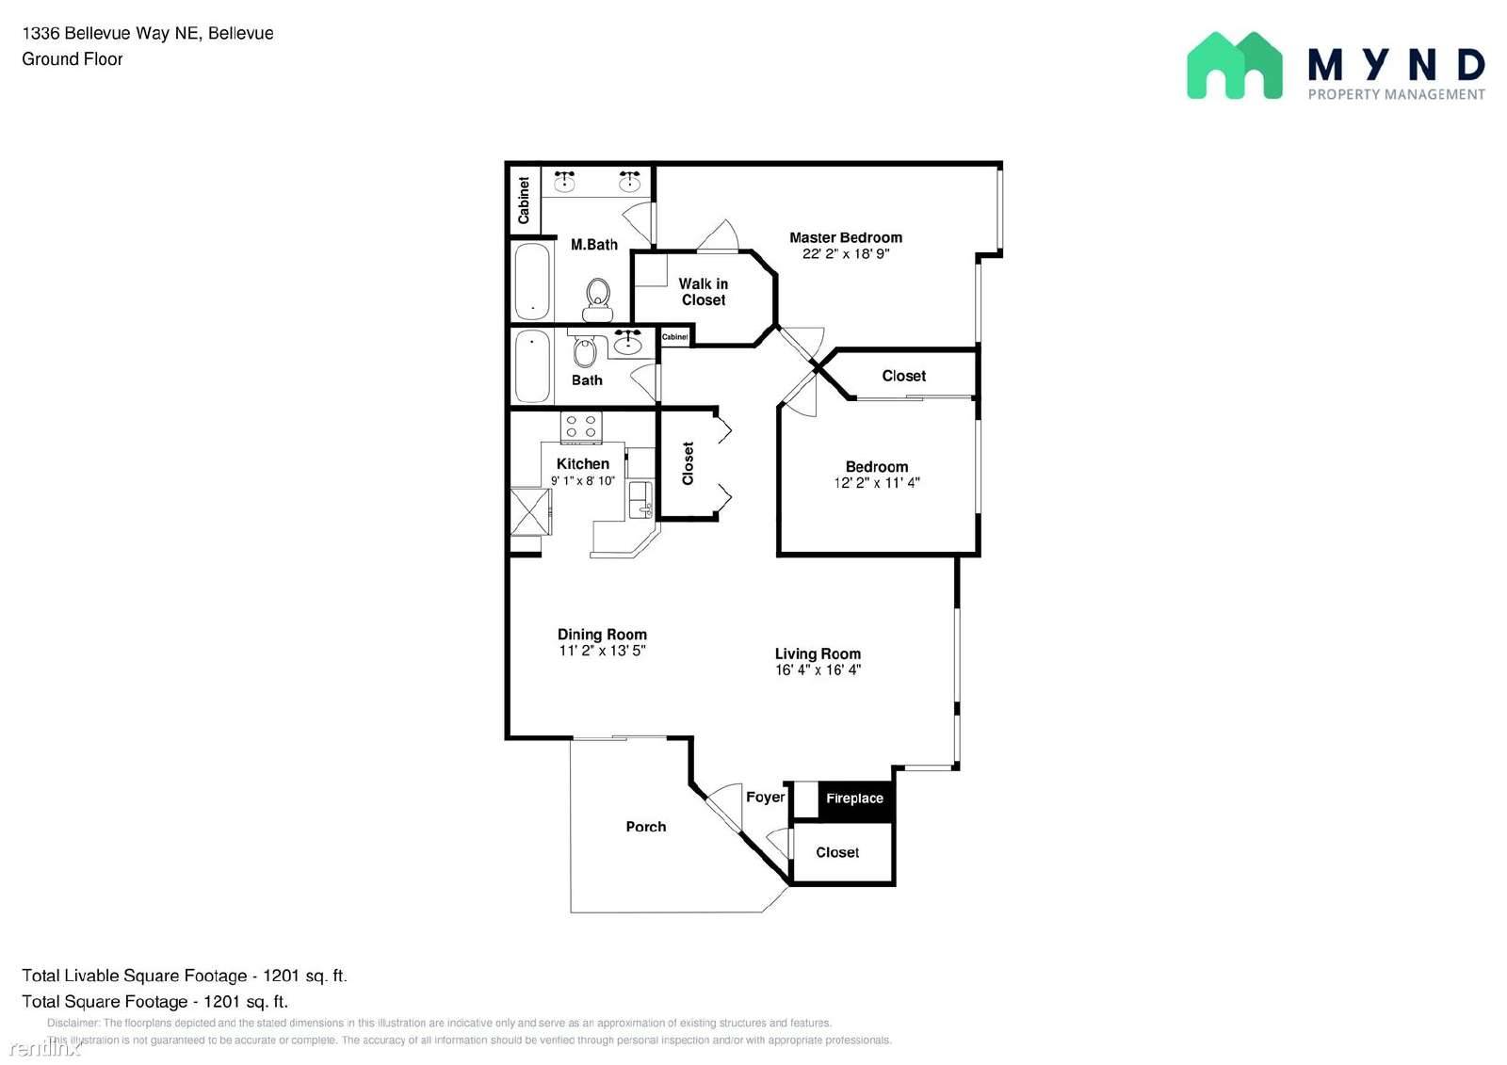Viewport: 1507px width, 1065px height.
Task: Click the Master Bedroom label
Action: click(x=845, y=237)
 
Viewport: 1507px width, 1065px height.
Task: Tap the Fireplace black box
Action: click(x=854, y=799)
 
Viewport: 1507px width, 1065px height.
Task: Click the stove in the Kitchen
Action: click(x=581, y=427)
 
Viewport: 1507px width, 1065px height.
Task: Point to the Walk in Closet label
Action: click(x=703, y=292)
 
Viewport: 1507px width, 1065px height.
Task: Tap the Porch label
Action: click(x=645, y=827)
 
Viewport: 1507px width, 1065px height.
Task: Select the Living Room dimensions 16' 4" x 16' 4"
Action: click(x=818, y=670)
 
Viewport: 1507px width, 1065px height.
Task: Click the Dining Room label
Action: click(x=602, y=635)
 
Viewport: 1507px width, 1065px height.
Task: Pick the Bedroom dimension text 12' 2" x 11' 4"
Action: click(x=876, y=483)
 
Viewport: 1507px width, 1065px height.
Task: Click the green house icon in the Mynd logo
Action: click(x=1234, y=66)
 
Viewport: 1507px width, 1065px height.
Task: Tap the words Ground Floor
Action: click(x=73, y=59)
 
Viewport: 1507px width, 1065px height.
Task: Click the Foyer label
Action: click(x=765, y=797)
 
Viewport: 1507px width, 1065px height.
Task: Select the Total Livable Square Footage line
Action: click(x=185, y=976)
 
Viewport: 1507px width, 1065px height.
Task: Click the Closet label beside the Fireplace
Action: click(x=836, y=852)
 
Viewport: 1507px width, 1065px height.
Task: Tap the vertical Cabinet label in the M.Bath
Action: click(x=524, y=200)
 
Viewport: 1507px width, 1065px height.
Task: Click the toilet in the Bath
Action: click(x=585, y=352)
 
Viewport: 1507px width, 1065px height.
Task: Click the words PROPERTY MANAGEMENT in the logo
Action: click(x=1396, y=94)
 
